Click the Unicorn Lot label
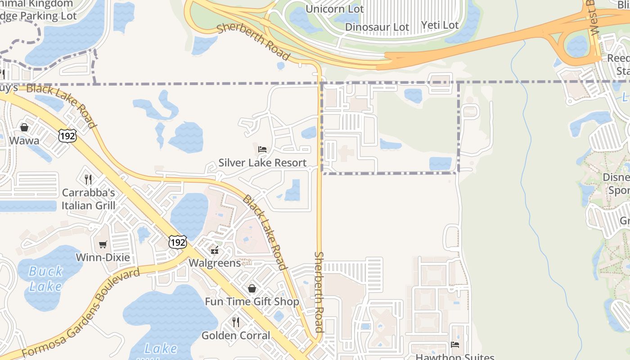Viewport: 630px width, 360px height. [x=334, y=9]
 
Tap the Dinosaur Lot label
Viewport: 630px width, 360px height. [x=377, y=27]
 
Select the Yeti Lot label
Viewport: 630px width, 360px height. [x=440, y=25]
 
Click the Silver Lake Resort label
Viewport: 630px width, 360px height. [x=262, y=162]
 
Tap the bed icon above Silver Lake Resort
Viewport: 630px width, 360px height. [x=262, y=149]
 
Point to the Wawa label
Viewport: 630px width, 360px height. [x=24, y=141]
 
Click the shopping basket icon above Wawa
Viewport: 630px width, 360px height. [x=24, y=127]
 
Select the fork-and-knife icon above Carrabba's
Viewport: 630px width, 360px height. [x=88, y=179]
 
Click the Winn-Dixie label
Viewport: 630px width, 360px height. [x=103, y=258]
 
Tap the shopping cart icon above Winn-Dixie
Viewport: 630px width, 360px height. [x=103, y=244]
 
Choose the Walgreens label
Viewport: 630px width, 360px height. [x=215, y=263]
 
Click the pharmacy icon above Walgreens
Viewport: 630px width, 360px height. [x=215, y=250]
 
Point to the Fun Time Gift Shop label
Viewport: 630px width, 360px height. [x=252, y=301]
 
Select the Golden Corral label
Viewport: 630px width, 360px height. [x=236, y=335]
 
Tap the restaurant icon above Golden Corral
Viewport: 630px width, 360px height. [x=235, y=322]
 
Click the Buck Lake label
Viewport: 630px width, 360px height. [x=46, y=279]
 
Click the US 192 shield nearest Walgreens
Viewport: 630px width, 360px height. [x=178, y=243]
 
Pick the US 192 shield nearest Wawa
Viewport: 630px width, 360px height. [x=67, y=135]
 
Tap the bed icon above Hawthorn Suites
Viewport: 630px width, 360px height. [x=455, y=345]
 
